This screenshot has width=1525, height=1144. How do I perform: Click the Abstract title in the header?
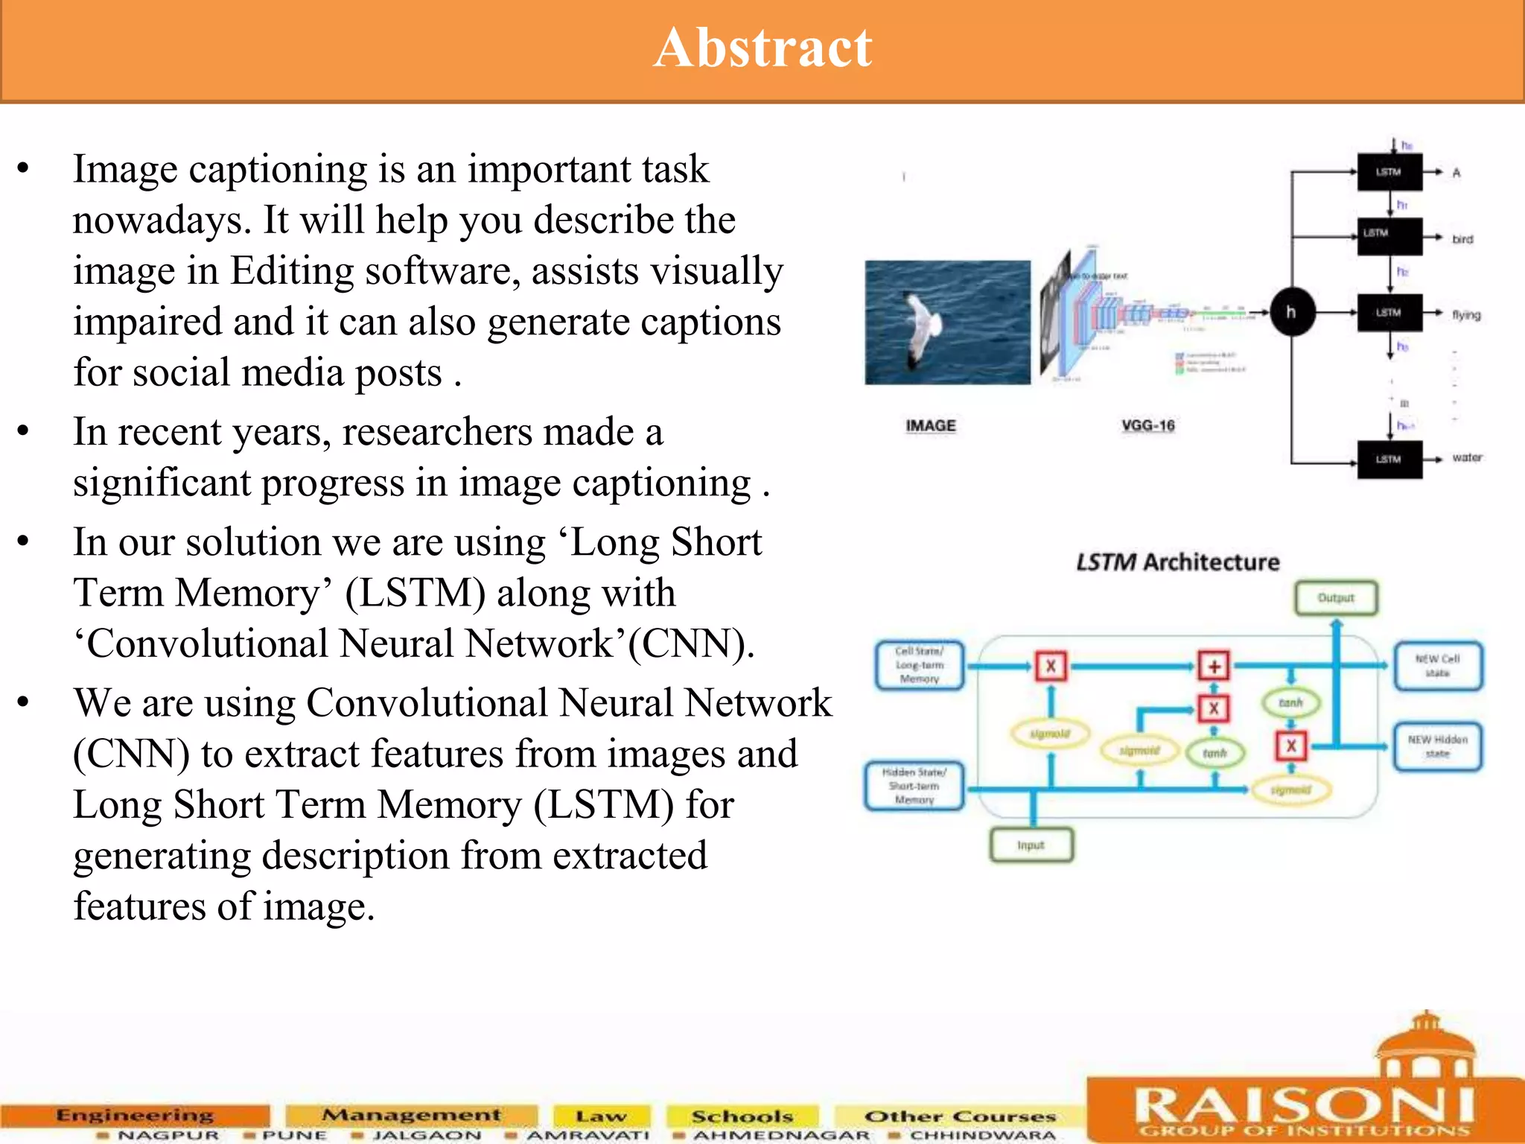[x=762, y=48]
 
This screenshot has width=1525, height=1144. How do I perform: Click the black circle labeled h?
[x=1291, y=311]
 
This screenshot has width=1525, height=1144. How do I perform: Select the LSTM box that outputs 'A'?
[x=1389, y=172]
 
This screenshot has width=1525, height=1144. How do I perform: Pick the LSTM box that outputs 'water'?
[x=1389, y=459]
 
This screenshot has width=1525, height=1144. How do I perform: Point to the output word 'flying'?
[x=1465, y=315]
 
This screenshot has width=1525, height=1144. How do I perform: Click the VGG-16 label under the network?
[x=1147, y=425]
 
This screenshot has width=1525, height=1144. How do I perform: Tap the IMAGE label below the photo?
[x=930, y=425]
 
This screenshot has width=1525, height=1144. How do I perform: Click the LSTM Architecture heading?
[x=1177, y=562]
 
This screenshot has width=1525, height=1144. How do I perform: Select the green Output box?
[x=1336, y=598]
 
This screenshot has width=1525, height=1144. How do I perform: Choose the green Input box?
[x=1031, y=845]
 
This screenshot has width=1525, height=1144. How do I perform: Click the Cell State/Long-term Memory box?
[x=920, y=665]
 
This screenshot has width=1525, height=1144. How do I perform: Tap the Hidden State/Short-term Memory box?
[x=914, y=786]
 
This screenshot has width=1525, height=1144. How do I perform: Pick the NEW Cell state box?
[x=1437, y=666]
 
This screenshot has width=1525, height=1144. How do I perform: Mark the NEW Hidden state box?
[x=1437, y=746]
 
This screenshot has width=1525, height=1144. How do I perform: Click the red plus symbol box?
[x=1214, y=666]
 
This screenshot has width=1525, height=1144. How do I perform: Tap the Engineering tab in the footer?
[x=135, y=1115]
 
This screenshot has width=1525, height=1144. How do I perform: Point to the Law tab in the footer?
[x=600, y=1116]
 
